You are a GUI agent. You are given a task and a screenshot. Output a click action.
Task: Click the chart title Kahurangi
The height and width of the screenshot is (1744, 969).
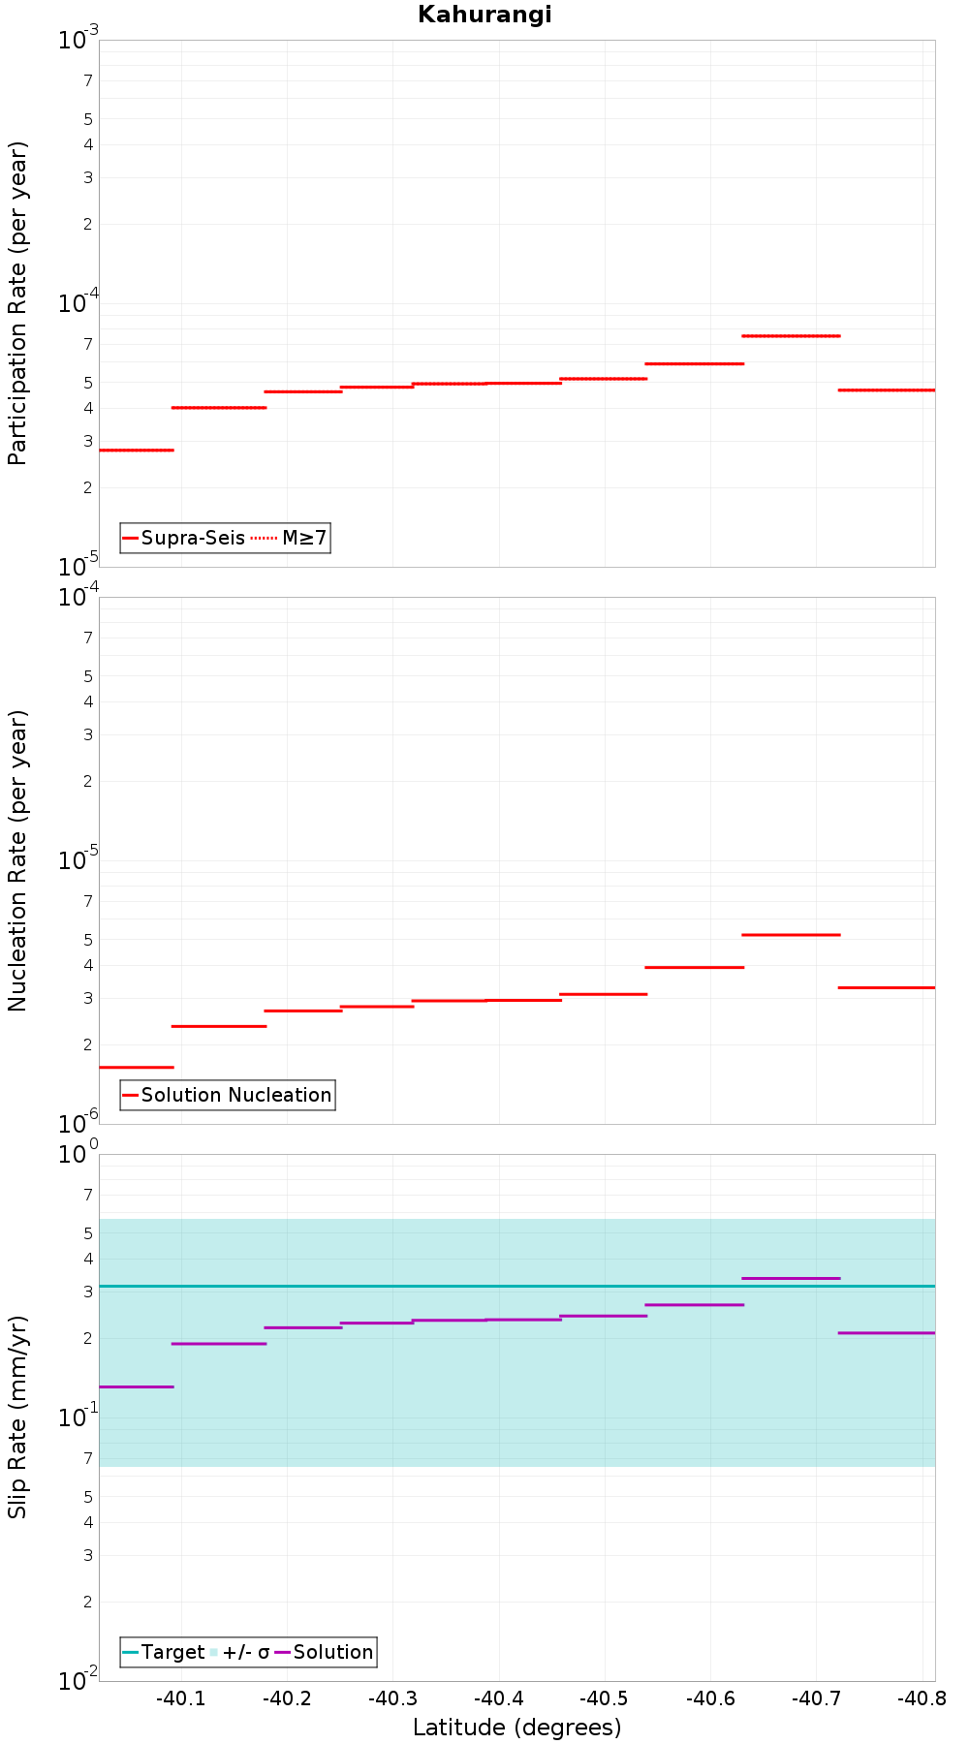pos(484,15)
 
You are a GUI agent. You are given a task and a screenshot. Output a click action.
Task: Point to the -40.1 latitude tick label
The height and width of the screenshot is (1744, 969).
pos(181,1698)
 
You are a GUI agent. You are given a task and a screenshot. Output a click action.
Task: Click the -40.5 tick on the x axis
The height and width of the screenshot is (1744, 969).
pos(604,1698)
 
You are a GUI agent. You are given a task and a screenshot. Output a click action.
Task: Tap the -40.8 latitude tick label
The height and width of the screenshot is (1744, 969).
pos(921,1698)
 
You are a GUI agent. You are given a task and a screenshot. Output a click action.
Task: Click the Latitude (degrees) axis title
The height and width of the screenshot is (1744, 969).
pos(516,1728)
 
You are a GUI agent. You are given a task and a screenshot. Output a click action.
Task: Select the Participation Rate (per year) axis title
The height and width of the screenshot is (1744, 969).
pos(17,303)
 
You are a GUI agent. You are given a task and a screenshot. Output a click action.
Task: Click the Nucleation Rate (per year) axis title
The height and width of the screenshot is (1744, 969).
pos(17,860)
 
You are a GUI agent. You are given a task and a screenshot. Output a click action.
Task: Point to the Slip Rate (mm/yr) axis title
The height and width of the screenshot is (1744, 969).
pos(17,1417)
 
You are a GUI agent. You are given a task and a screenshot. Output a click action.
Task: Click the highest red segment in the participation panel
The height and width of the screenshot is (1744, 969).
pos(791,335)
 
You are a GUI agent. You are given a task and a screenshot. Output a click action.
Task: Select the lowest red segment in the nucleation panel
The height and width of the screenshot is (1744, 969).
pos(137,1067)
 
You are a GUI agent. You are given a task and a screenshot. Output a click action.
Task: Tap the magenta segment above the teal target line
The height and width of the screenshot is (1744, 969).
pos(791,1278)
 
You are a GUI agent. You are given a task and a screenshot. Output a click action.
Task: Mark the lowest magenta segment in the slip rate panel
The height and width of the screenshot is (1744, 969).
pos(137,1386)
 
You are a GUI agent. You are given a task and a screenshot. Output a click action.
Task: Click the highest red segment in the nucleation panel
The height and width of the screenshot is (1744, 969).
pos(791,934)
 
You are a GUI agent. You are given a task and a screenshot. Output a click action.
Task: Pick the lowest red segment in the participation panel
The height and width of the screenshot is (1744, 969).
pos(137,450)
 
